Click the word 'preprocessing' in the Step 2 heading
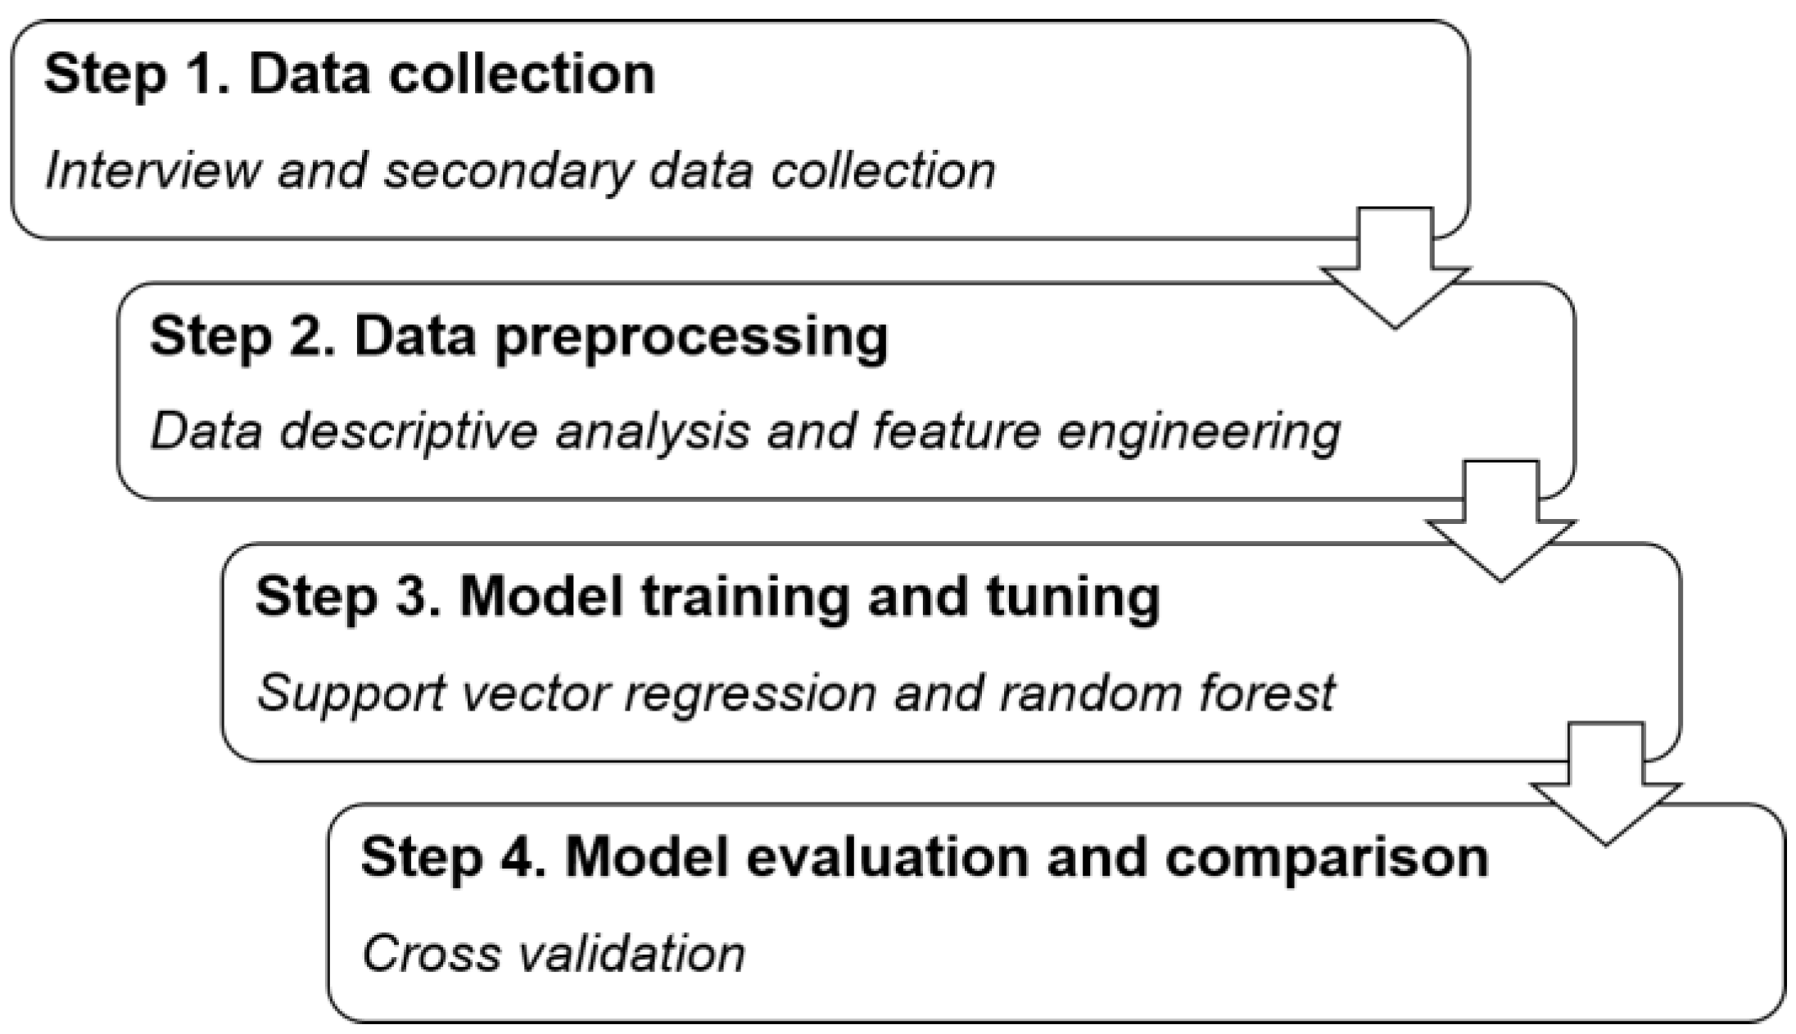click(692, 337)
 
